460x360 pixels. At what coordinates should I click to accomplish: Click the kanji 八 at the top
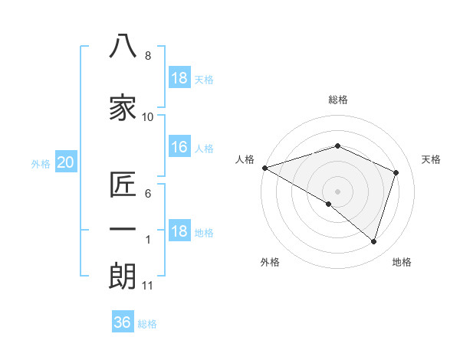(x=123, y=46)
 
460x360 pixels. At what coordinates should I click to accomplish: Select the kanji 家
(x=123, y=107)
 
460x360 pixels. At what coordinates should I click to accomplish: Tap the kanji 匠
(x=123, y=185)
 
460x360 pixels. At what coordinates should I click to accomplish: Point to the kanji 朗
(x=123, y=277)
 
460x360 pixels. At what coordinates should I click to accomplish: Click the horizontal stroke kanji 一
(x=123, y=229)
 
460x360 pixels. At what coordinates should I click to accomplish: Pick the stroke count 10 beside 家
(x=147, y=117)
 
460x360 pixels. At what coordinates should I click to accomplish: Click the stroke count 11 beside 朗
(x=147, y=286)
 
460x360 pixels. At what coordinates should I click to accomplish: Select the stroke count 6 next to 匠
(x=148, y=194)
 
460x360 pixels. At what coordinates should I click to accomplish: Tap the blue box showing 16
(x=179, y=146)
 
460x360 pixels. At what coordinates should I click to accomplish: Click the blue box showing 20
(x=66, y=162)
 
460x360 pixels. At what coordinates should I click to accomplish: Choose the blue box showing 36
(x=123, y=321)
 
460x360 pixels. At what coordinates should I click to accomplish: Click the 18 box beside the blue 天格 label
(x=179, y=77)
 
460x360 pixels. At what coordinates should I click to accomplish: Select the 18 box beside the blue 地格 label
(x=179, y=230)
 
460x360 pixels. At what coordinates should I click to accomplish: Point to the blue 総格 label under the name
(x=147, y=324)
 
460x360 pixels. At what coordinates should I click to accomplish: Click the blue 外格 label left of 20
(x=41, y=164)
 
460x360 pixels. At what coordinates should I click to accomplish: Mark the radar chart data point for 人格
(x=265, y=168)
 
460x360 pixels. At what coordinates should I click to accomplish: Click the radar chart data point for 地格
(x=373, y=242)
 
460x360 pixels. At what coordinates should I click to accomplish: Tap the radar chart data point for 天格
(x=396, y=172)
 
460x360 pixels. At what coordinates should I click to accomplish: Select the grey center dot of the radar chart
(x=337, y=191)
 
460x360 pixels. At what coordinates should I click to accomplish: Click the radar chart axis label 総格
(x=338, y=100)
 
